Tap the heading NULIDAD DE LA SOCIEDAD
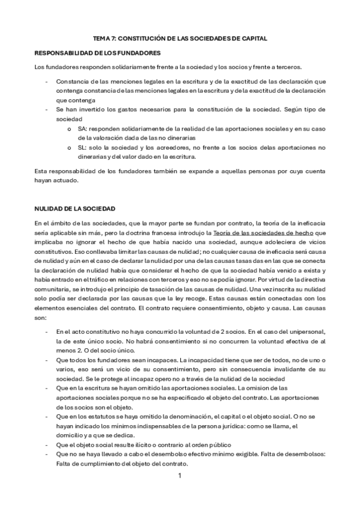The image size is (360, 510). (75, 208)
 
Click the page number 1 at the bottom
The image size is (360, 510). (180, 476)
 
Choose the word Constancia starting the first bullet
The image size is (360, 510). (72, 81)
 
